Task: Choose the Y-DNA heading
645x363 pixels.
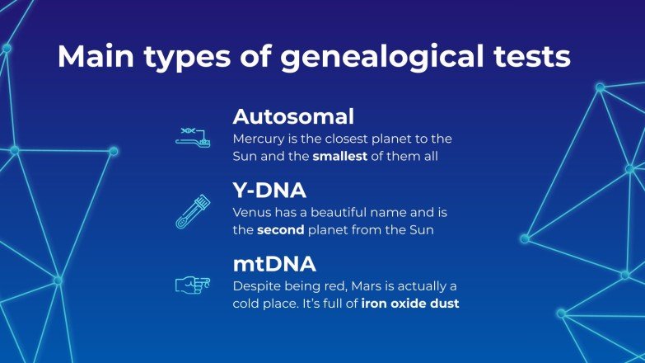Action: click(269, 191)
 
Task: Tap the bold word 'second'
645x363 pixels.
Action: click(281, 230)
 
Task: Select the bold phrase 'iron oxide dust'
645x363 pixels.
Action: click(410, 304)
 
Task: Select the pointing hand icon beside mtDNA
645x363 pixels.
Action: click(192, 284)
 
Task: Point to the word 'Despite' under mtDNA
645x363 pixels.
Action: click(256, 285)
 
